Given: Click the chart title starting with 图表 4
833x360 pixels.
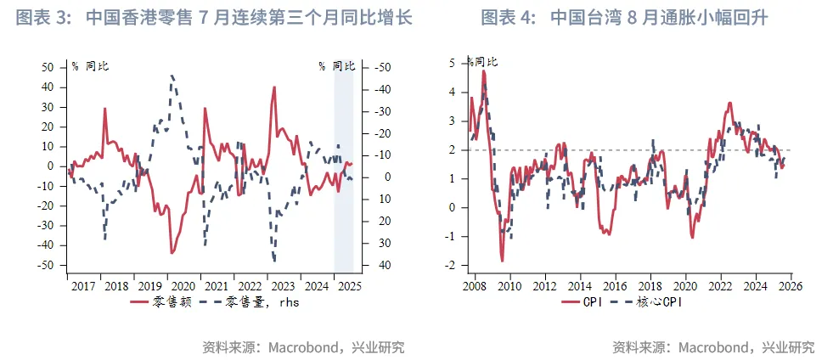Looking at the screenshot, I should click(x=625, y=18).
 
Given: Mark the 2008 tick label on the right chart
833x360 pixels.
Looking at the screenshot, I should click(x=474, y=286).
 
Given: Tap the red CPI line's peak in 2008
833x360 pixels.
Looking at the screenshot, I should click(x=484, y=71).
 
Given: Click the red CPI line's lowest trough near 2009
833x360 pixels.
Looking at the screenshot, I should click(x=502, y=260).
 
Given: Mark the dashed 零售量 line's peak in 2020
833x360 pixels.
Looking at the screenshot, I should click(x=172, y=76).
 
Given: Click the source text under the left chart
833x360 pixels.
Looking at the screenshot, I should click(x=303, y=346).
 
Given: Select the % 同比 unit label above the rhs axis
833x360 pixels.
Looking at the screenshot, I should click(x=336, y=65).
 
